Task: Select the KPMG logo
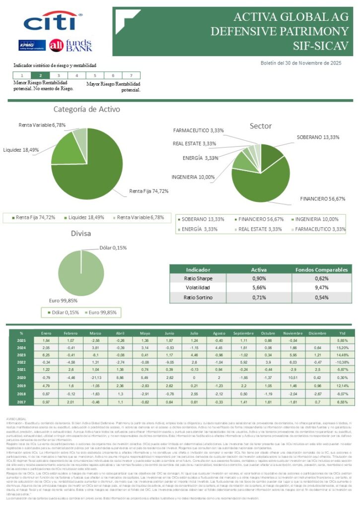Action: [32, 45]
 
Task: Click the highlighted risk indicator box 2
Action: [40, 75]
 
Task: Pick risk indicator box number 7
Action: [130, 75]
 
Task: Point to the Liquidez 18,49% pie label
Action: [21, 149]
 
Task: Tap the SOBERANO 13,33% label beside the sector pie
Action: [318, 137]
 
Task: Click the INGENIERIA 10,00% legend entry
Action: [317, 219]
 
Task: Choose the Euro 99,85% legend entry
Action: [101, 313]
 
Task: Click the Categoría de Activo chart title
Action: [86, 109]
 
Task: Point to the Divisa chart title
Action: [80, 234]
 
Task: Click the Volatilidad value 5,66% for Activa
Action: [259, 288]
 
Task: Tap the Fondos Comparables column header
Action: [321, 269]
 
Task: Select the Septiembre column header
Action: [243, 333]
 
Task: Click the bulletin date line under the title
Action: [301, 63]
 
